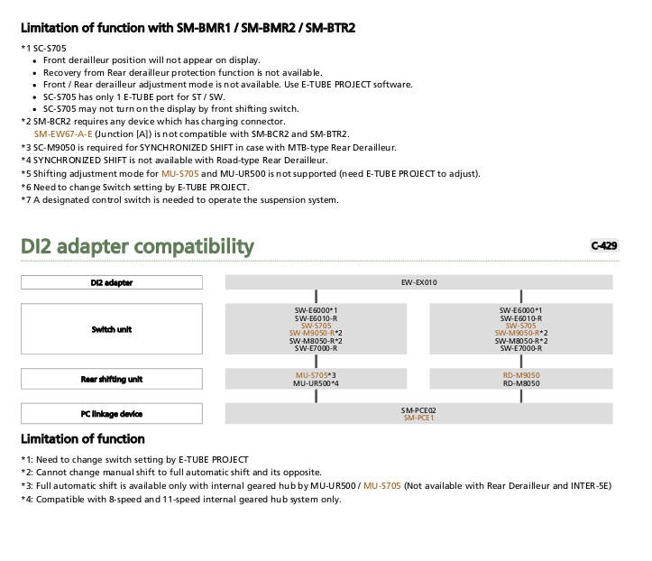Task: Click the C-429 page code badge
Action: [x=604, y=245]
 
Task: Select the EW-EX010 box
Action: [x=418, y=282]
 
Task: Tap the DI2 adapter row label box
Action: [x=112, y=282]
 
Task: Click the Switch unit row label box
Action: [x=112, y=329]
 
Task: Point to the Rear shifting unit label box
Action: [x=112, y=379]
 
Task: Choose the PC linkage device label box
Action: [x=112, y=414]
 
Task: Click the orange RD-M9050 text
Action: [x=521, y=375]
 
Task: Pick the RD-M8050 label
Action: [x=521, y=383]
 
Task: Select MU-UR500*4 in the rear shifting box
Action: [x=316, y=383]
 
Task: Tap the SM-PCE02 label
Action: [x=418, y=410]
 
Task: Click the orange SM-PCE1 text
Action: [x=418, y=418]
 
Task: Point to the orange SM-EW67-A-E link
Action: [x=63, y=133]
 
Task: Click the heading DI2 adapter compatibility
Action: [x=137, y=246]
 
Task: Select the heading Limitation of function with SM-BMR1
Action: [x=188, y=28]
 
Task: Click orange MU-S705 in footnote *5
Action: [x=180, y=173]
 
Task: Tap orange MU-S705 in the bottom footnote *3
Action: [x=382, y=486]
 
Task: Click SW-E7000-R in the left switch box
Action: [x=316, y=348]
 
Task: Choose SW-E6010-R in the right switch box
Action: [x=521, y=318]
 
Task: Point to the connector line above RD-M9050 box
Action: [x=521, y=362]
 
